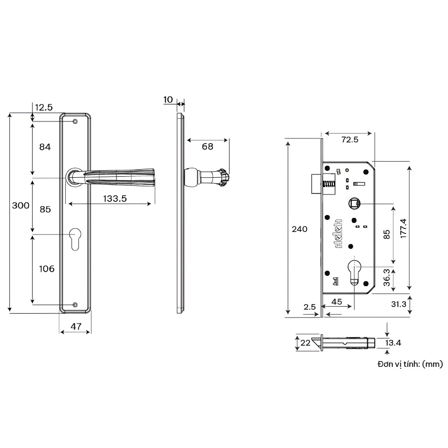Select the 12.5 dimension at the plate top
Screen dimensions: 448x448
click(x=44, y=107)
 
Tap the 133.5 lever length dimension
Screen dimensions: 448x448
click(x=115, y=198)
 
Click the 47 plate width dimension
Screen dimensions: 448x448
click(x=75, y=327)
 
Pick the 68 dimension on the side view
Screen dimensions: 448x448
click(x=208, y=146)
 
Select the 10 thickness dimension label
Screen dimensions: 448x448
click(x=168, y=100)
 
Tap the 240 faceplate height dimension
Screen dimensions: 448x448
click(x=300, y=229)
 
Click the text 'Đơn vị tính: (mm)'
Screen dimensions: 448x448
click(x=410, y=364)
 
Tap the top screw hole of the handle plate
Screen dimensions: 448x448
click(x=75, y=121)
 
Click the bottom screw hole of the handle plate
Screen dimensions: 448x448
click(x=75, y=305)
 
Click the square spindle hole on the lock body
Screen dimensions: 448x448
click(x=354, y=203)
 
